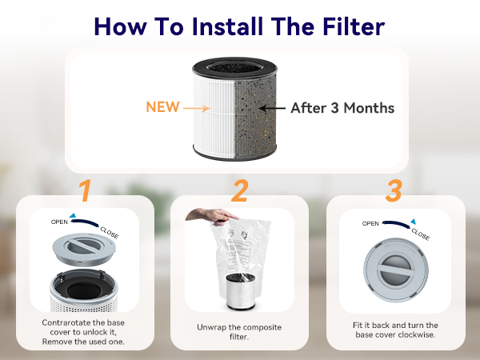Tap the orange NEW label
coord(162,106)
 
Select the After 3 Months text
coord(342,107)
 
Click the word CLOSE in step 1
coord(110,232)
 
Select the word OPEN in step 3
coord(370,224)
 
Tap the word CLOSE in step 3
coord(420,234)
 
